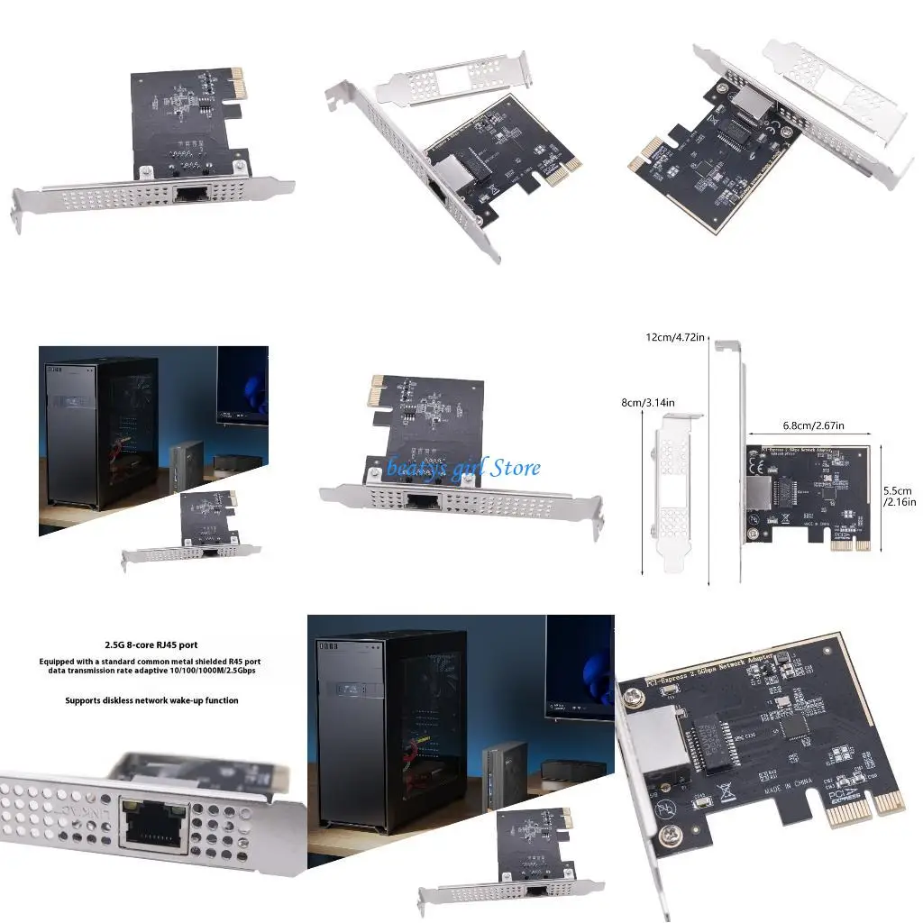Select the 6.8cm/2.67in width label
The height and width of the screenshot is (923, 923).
pos(809,425)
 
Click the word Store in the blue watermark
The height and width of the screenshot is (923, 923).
pos(517,467)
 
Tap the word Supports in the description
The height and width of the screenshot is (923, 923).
pos(87,700)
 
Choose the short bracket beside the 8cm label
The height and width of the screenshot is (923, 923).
pos(672,491)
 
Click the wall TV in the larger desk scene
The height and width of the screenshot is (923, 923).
pos(580,663)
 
